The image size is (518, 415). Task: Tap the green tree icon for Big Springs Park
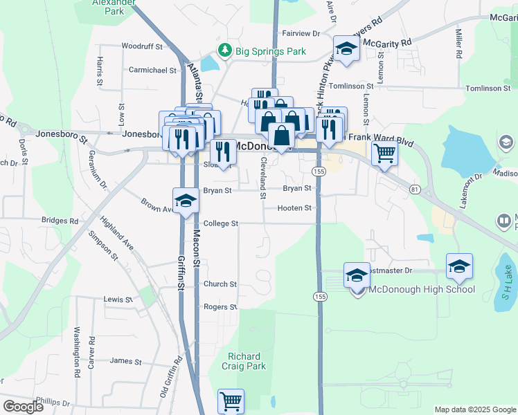click(224, 50)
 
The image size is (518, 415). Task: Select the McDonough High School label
click(421, 289)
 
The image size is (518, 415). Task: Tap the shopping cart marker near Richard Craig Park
click(231, 401)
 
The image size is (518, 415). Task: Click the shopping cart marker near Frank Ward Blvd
click(384, 154)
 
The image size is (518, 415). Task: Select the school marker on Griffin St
click(186, 201)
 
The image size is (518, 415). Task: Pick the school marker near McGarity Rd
click(346, 49)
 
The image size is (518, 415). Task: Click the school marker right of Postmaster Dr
click(459, 266)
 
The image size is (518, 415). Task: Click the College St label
click(220, 224)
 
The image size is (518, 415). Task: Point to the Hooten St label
click(294, 207)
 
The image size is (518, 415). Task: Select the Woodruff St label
click(141, 46)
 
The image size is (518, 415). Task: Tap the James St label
click(125, 361)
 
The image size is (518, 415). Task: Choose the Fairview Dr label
click(301, 33)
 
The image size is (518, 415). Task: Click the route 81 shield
click(414, 190)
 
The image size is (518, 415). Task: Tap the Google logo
click(23, 406)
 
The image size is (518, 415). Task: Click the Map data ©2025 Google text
click(474, 409)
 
